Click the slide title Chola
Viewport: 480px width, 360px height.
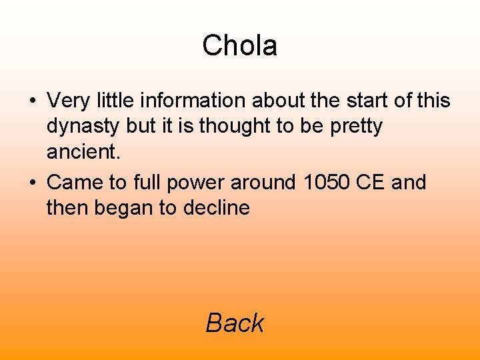[x=239, y=46]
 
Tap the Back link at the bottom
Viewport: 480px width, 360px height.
[x=235, y=323]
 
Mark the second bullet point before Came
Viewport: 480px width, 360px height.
[x=32, y=183]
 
